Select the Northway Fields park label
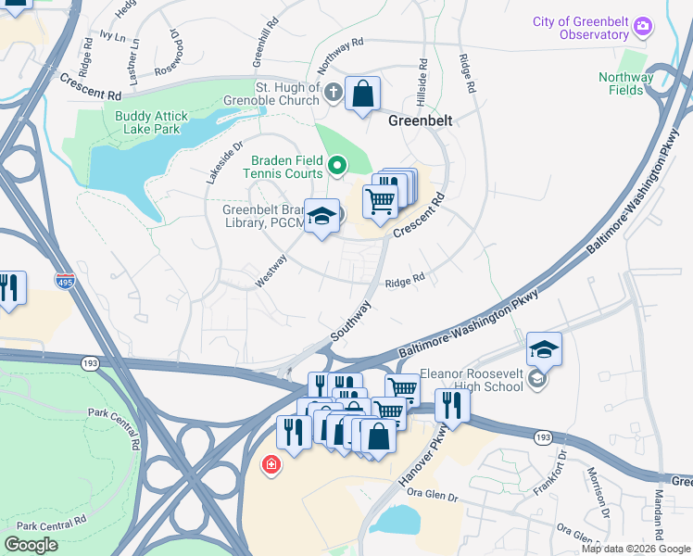(x=625, y=83)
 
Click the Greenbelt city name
(x=419, y=120)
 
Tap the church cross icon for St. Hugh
(x=334, y=92)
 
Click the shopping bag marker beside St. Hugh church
(x=362, y=94)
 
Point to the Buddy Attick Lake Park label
(x=151, y=122)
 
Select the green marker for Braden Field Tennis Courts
(x=338, y=167)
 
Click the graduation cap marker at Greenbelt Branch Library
(x=321, y=218)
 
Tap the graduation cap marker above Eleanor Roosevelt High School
(x=545, y=349)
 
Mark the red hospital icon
(x=271, y=464)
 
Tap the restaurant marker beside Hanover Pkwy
(x=452, y=404)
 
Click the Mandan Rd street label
(x=657, y=514)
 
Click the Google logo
(x=31, y=545)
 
